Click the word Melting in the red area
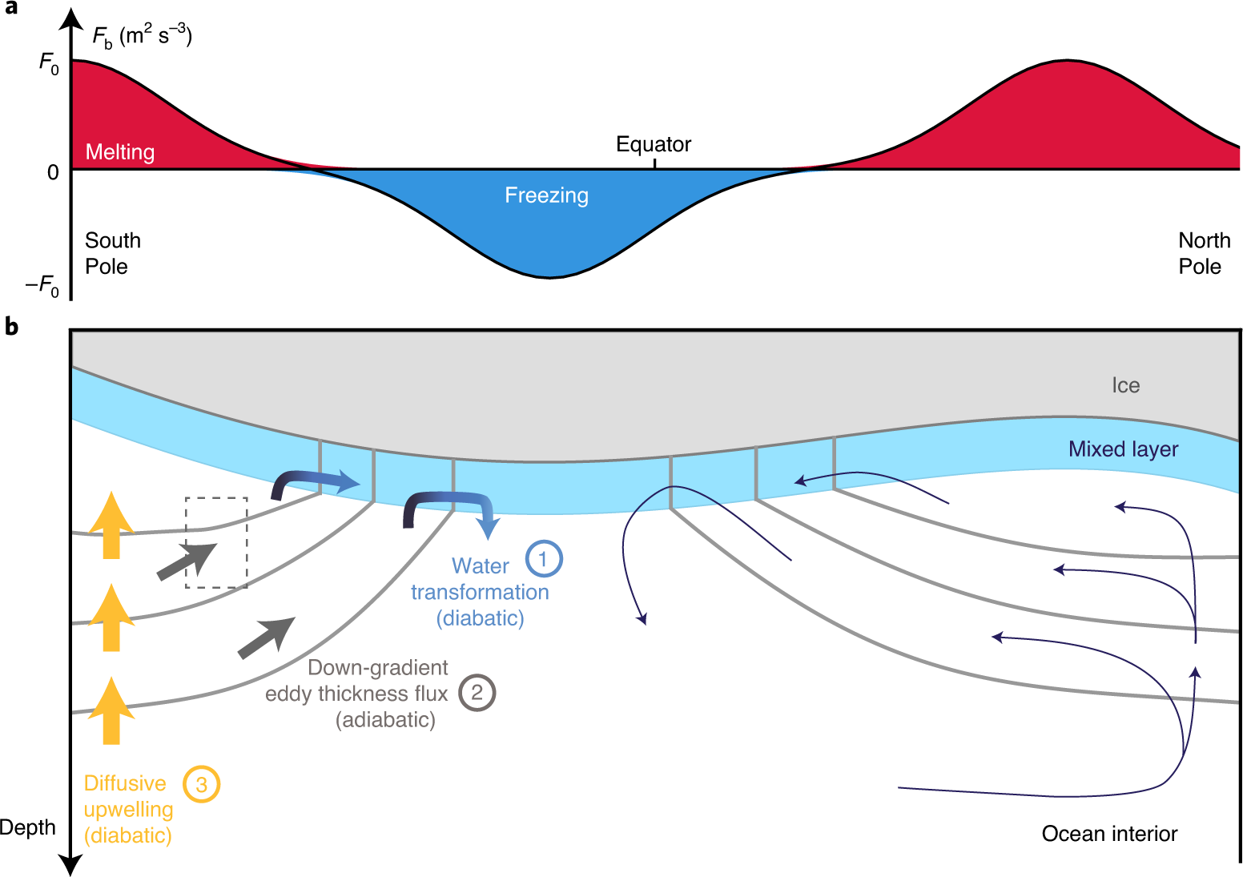coord(120,152)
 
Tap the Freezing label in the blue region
coord(546,195)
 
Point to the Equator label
coord(653,144)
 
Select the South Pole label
coord(112,253)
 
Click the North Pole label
coord(1204,253)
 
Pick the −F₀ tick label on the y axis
coord(42,285)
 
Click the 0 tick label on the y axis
coord(53,172)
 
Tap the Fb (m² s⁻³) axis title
coord(142,37)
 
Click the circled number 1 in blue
coord(544,559)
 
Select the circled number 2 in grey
coord(477,693)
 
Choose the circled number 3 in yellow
coord(201,785)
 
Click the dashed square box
coord(216,542)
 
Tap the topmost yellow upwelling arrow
coord(111,525)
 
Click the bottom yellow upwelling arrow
coord(111,710)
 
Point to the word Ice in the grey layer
coord(1125,385)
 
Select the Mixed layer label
coord(1123,449)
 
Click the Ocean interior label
coord(1109,834)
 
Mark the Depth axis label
coord(28,827)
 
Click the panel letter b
coord(11,327)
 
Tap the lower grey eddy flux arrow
coord(267,638)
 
